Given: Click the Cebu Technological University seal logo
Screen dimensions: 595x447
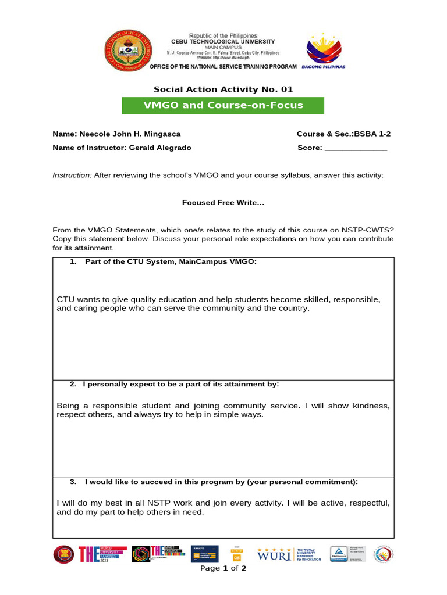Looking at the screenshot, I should (126, 51).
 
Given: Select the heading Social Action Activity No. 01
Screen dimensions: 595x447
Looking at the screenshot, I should (223, 89).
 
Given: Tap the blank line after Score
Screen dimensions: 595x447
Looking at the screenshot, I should (355, 148).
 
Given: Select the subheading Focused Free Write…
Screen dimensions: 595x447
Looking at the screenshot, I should (223, 203).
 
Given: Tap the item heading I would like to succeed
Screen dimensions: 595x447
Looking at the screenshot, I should (221, 482).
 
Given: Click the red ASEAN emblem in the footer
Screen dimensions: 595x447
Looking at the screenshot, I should (64, 554).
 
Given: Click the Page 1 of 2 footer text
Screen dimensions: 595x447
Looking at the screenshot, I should (223, 568).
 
